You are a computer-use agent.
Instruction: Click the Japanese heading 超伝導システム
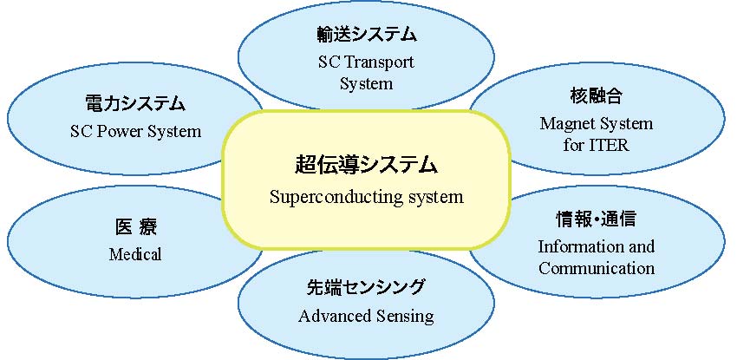coord(366,166)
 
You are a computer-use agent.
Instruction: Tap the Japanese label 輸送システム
coord(367,35)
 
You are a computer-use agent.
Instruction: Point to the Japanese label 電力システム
coord(135,103)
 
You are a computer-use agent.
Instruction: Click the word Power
coord(121,131)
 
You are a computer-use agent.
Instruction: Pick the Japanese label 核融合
coord(597,96)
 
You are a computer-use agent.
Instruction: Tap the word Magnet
coord(566,124)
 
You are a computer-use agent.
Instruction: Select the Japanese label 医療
coord(136,227)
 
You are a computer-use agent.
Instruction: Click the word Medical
coord(135,254)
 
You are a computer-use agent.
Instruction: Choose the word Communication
coord(597,268)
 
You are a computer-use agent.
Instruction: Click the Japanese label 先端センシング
coord(366,286)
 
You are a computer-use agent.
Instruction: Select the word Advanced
coord(331,316)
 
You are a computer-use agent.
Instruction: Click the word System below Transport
coord(367,84)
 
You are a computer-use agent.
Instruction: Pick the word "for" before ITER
coord(574,145)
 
